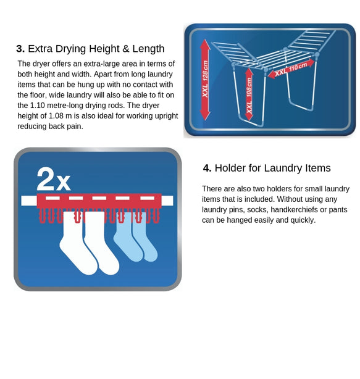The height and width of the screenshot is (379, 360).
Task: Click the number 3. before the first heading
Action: click(20, 49)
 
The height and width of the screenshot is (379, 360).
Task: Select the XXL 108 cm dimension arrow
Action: click(249, 94)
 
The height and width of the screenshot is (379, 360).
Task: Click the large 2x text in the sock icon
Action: click(53, 180)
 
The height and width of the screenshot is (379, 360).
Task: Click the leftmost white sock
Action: click(74, 244)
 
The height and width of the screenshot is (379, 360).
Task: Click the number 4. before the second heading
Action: click(207, 168)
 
